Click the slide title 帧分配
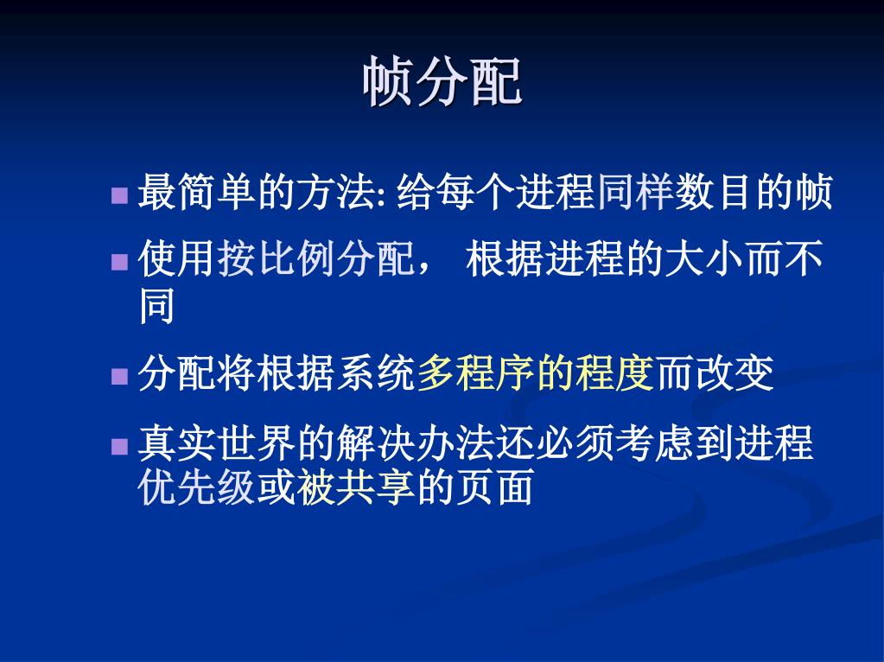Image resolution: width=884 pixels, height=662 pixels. click(442, 82)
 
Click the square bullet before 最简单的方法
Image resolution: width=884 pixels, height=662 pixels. click(119, 195)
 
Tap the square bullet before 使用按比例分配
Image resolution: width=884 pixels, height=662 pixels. click(119, 262)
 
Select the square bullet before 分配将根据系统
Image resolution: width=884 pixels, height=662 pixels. click(119, 376)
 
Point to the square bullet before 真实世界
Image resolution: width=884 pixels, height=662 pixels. click(119, 446)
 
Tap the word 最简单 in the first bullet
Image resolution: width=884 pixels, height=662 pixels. click(197, 192)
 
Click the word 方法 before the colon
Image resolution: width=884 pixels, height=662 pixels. click(336, 192)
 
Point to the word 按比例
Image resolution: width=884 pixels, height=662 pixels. click(277, 258)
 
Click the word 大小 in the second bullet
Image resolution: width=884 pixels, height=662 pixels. click(705, 258)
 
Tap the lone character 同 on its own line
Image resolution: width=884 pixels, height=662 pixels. click(156, 306)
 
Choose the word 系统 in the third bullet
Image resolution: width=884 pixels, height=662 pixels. click(376, 374)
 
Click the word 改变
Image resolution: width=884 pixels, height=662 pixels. click(734, 374)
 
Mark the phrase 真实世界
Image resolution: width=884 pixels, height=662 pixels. click(217, 443)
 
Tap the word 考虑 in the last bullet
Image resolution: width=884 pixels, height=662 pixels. click(654, 443)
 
